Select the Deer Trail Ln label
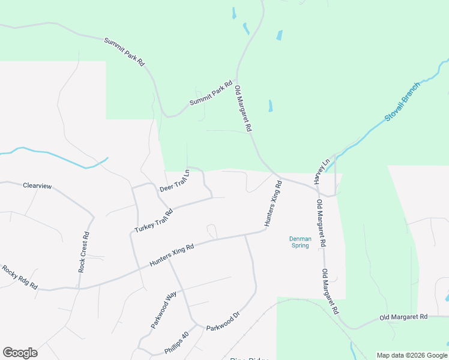(x=174, y=181)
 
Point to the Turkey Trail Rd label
(x=154, y=221)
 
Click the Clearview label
(x=37, y=186)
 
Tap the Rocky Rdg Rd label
(x=19, y=277)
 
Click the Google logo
(x=20, y=353)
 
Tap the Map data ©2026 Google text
(x=412, y=355)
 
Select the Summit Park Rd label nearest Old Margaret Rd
(x=211, y=94)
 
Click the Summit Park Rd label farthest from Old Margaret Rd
(x=124, y=52)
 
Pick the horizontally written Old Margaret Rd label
(x=403, y=317)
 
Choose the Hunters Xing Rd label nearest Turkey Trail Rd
(x=172, y=255)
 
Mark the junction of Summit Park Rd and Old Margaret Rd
(x=237, y=79)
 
